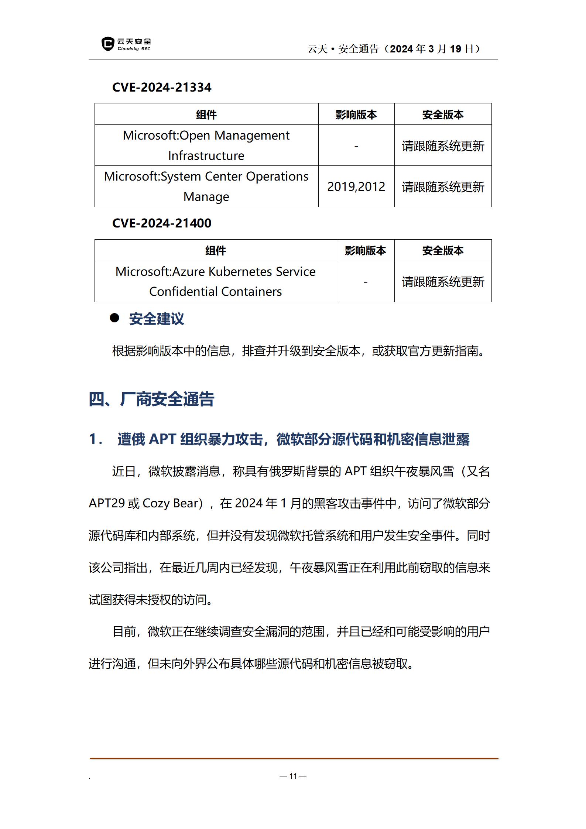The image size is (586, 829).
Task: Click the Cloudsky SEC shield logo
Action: point(107,44)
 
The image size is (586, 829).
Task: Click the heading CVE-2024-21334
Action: point(162,88)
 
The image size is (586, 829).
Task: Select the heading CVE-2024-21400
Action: point(162,223)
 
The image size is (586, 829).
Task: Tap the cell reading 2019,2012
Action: point(356,187)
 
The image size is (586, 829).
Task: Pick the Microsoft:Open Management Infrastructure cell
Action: point(206,145)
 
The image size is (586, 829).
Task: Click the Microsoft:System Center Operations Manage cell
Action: point(206,186)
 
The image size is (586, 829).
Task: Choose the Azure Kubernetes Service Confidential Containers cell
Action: point(215,282)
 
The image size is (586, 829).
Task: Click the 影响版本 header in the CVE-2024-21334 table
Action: point(356,115)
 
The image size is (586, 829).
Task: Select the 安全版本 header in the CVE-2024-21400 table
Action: point(443,251)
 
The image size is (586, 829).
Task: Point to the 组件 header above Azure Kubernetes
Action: point(215,251)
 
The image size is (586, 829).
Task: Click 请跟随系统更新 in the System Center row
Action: point(443,187)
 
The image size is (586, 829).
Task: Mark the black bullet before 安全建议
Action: point(114,318)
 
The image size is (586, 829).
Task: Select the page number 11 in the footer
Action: point(293,776)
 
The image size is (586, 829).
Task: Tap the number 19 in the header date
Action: point(455,49)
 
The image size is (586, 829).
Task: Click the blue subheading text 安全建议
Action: point(157,319)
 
